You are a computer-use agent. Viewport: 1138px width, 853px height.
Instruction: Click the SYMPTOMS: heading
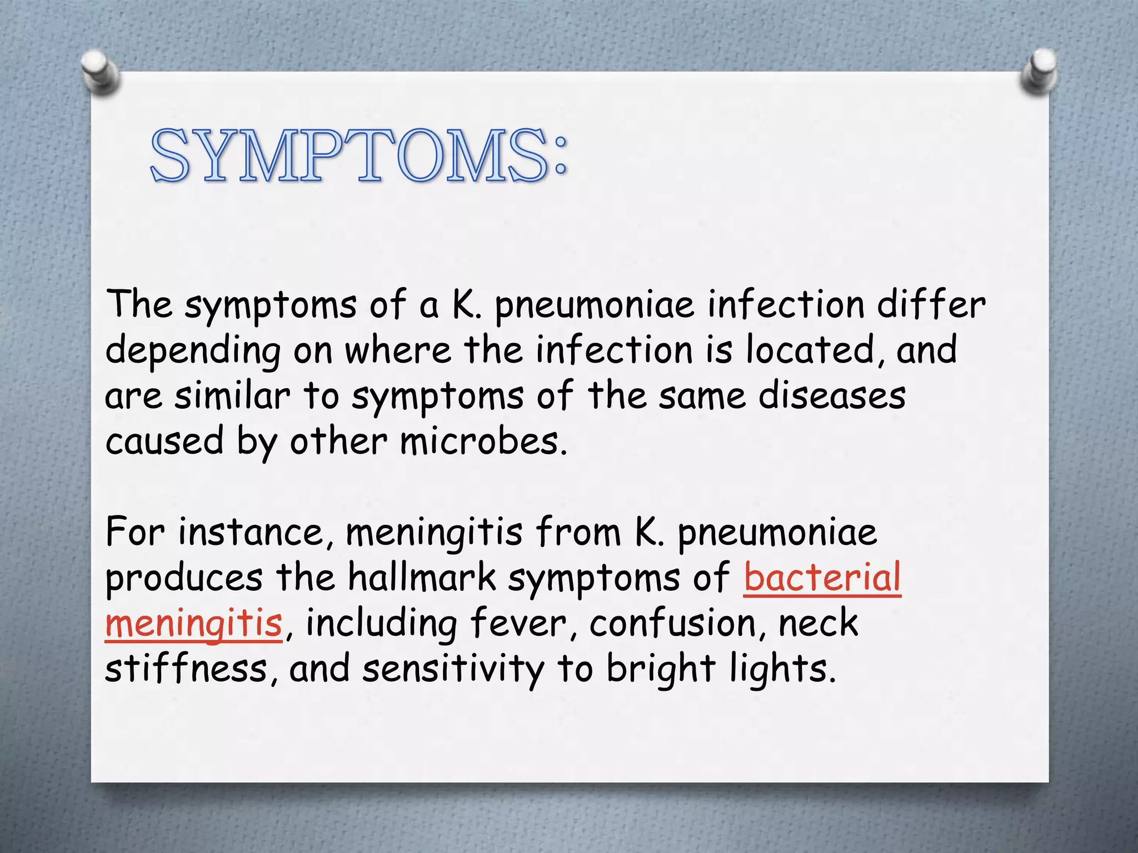point(358,155)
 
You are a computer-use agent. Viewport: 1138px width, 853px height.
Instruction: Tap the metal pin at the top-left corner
point(99,72)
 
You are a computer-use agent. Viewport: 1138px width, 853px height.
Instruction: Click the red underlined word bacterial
point(822,578)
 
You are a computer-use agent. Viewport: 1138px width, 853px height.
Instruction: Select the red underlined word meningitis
point(193,623)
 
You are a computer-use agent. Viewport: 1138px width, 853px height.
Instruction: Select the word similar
point(232,396)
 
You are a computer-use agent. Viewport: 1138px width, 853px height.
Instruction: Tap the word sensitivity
point(453,669)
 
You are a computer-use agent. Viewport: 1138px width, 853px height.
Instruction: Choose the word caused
point(164,441)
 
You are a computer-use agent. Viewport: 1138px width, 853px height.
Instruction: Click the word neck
point(818,623)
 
